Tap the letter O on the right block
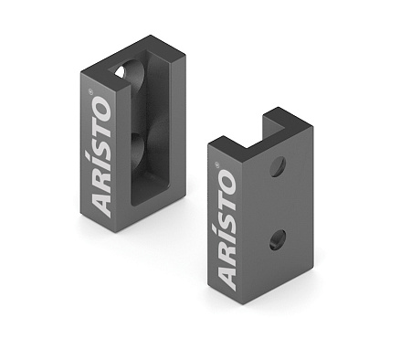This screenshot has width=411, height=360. coord(225,182)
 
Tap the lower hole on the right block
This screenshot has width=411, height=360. coord(277,241)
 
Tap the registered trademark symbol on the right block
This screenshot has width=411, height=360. coord(218,164)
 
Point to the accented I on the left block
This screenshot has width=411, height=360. coord(103,164)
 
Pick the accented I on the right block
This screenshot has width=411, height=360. coord(225,237)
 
